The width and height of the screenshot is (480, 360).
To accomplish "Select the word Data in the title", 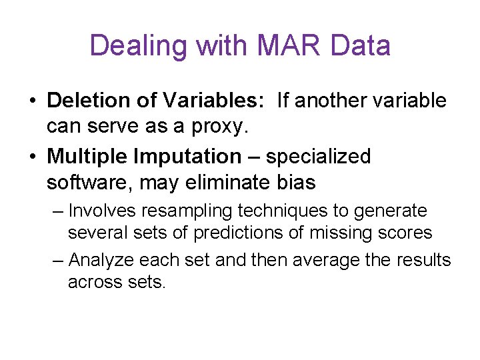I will coord(360,47).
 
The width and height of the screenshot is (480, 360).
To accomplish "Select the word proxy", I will coord(193,127).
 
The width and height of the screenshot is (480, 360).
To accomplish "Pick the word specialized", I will coord(318,157).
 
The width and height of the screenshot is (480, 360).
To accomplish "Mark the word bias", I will coord(294,181).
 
